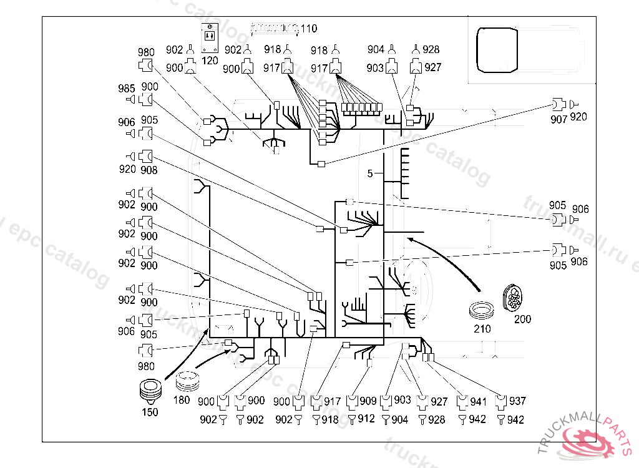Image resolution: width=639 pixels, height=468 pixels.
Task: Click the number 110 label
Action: (x=308, y=29)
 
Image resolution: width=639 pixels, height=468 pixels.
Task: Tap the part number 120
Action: (x=210, y=61)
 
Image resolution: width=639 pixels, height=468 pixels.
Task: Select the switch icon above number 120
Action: (x=210, y=38)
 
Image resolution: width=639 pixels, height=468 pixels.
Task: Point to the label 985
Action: (x=126, y=88)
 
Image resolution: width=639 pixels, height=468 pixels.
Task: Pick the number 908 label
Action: (x=149, y=170)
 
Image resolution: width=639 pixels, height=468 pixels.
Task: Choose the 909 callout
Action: (x=368, y=401)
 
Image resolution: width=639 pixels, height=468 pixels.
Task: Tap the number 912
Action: (x=366, y=419)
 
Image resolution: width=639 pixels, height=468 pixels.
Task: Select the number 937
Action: (x=517, y=401)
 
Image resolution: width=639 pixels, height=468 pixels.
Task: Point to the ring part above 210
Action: (x=482, y=311)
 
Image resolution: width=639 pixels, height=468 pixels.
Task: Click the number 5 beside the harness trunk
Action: (x=370, y=173)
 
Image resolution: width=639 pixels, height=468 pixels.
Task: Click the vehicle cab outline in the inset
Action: (x=496, y=48)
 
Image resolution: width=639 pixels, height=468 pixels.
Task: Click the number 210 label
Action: (x=482, y=328)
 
